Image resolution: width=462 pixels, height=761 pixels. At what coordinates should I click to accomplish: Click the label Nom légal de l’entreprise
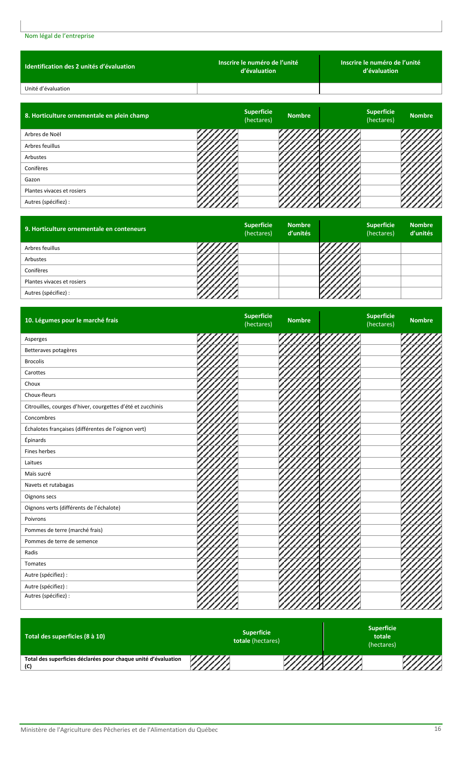click(59, 36)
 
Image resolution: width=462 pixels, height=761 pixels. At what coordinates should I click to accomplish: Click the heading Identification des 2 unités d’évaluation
click(80, 67)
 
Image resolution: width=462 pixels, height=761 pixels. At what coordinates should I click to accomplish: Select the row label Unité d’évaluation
click(47, 88)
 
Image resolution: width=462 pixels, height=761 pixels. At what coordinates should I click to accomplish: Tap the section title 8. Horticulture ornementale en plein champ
click(87, 116)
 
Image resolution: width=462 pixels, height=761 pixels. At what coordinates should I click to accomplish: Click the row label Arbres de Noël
click(43, 135)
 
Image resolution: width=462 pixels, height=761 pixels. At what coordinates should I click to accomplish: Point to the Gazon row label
click(33, 179)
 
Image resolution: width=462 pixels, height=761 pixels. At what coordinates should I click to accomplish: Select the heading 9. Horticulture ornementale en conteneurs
click(85, 229)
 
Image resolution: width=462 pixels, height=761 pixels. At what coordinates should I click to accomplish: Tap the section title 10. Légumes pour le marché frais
click(71, 320)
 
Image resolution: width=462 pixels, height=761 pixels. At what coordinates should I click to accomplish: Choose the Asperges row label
click(36, 339)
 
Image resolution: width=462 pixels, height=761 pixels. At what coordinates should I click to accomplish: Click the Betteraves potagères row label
click(51, 350)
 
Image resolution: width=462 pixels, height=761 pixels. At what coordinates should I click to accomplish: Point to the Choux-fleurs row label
click(40, 395)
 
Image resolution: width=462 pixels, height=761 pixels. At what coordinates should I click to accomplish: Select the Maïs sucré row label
click(38, 474)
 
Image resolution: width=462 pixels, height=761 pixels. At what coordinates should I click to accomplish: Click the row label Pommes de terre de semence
click(61, 541)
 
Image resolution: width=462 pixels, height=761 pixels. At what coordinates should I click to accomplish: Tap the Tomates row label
click(36, 564)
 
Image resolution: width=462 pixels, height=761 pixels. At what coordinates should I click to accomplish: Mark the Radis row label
click(31, 552)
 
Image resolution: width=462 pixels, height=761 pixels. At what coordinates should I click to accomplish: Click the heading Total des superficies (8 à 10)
click(65, 637)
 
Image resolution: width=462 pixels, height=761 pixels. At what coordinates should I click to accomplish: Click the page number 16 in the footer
click(438, 729)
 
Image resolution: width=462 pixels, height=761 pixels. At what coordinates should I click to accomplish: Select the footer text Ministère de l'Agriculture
click(119, 730)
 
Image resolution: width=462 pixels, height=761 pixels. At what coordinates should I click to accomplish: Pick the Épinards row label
click(36, 440)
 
